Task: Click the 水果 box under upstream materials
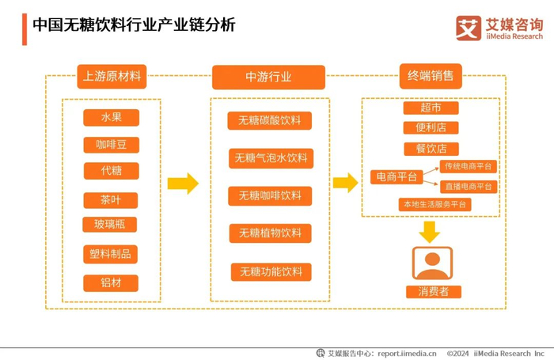(x=111, y=117)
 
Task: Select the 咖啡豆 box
(x=112, y=145)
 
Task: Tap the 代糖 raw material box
(x=112, y=171)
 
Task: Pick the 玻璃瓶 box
(x=109, y=225)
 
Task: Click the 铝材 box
(x=111, y=283)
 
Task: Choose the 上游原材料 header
(x=112, y=76)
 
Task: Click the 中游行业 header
(x=268, y=77)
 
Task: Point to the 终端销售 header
(x=431, y=76)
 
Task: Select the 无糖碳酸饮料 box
(x=270, y=120)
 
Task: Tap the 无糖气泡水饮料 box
(x=271, y=158)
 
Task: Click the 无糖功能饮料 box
(x=271, y=272)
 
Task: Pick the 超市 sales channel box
(x=431, y=108)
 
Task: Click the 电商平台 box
(x=397, y=176)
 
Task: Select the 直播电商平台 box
(x=469, y=187)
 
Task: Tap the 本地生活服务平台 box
(x=435, y=205)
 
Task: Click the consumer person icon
(x=432, y=263)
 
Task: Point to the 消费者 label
(x=434, y=292)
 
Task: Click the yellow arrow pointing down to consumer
(x=430, y=232)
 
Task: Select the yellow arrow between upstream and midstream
(x=183, y=184)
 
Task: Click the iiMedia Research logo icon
(x=469, y=28)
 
